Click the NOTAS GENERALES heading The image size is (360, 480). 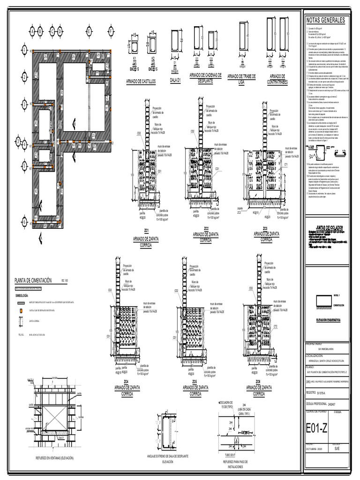(x=325, y=21)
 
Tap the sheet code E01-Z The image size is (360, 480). (x=317, y=428)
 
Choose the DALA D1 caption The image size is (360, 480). (x=175, y=81)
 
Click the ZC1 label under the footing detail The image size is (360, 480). (x=146, y=231)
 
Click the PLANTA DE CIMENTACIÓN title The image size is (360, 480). (x=36, y=279)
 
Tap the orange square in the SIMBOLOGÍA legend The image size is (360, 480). (x=21, y=311)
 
